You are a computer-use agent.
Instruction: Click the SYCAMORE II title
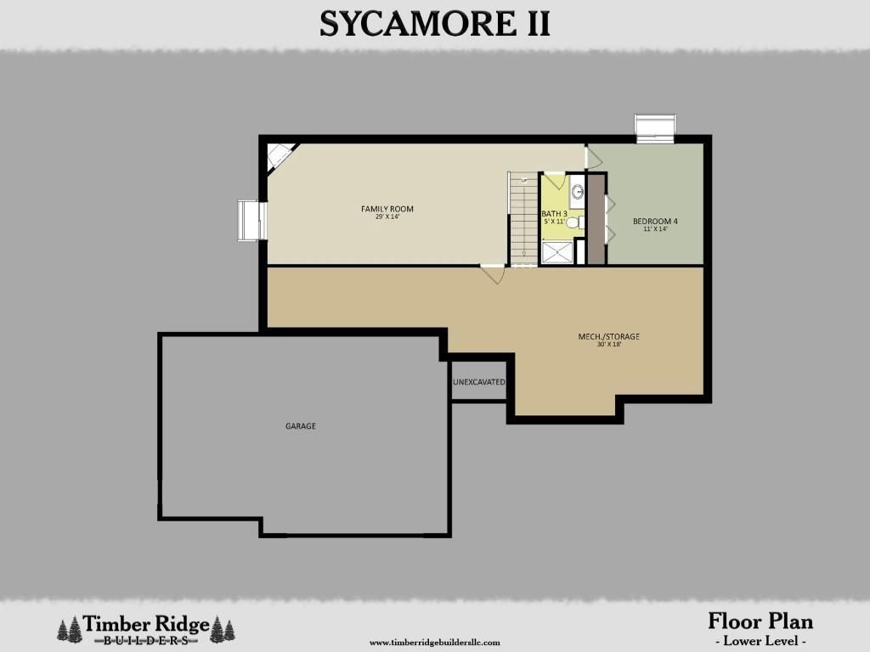pyautogui.click(x=434, y=23)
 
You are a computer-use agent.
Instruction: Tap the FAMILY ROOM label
pyautogui.click(x=387, y=209)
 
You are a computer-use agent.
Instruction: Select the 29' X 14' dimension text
pyautogui.click(x=387, y=217)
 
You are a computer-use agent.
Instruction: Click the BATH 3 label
pyautogui.click(x=554, y=213)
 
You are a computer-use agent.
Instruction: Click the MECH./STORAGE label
pyautogui.click(x=608, y=336)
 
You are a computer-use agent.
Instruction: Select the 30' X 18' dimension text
pyautogui.click(x=608, y=345)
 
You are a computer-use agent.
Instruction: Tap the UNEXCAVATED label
pyautogui.click(x=479, y=383)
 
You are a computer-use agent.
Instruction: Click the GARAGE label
pyautogui.click(x=300, y=426)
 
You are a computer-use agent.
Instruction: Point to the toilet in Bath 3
pyautogui.click(x=573, y=222)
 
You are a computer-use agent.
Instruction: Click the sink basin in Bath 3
pyautogui.click(x=577, y=192)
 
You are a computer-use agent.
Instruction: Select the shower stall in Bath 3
pyautogui.click(x=557, y=252)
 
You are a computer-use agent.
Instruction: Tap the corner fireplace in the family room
pyautogui.click(x=277, y=156)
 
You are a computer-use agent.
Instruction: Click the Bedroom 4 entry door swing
pyautogui.click(x=593, y=157)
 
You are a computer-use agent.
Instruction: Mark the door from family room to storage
pyautogui.click(x=494, y=274)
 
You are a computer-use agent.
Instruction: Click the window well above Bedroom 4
pyautogui.click(x=655, y=127)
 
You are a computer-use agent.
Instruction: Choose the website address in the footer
pyautogui.click(x=434, y=643)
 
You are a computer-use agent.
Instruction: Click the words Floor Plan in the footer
pyautogui.click(x=760, y=621)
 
